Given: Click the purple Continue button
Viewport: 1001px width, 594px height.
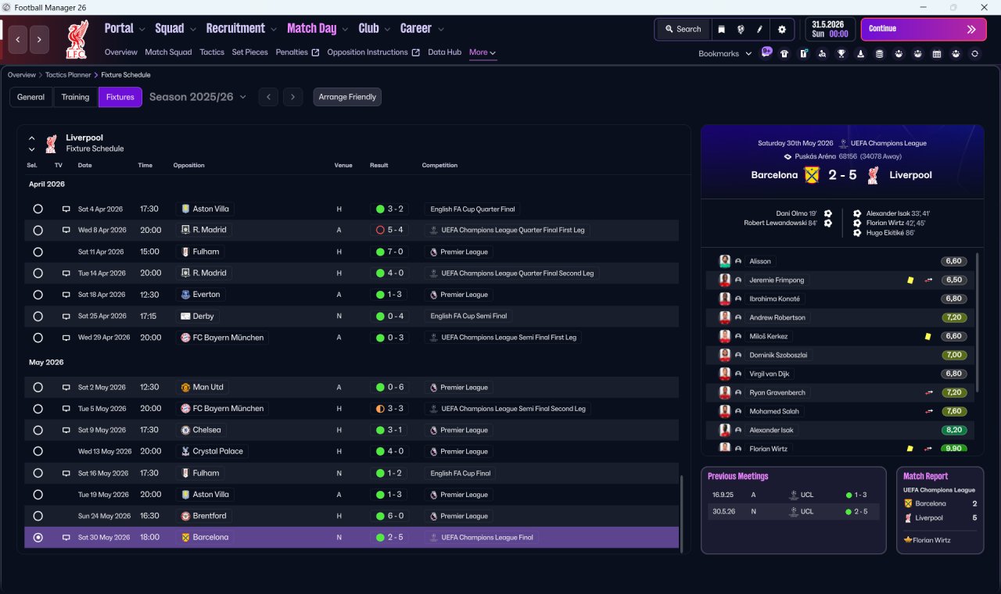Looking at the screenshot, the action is tap(924, 29).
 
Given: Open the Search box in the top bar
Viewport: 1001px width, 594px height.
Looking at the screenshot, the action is tap(683, 29).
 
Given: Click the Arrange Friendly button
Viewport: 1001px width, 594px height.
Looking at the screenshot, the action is tap(347, 97).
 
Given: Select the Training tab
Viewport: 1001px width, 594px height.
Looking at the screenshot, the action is tap(75, 97).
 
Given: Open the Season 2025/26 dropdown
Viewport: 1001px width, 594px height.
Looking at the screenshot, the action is tap(198, 97).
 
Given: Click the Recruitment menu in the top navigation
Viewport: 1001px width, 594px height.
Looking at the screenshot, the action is tap(235, 29).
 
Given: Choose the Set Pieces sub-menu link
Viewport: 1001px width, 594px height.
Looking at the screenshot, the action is tap(249, 52).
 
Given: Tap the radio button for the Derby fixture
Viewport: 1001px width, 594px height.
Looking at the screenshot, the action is tap(38, 317).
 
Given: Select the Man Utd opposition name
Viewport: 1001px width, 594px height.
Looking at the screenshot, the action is tap(208, 387).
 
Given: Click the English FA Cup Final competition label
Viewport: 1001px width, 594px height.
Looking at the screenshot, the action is tap(461, 474).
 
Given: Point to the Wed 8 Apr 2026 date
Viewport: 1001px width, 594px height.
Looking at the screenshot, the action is tap(102, 230).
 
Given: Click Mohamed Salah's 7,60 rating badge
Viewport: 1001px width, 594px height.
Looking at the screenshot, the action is tap(953, 411).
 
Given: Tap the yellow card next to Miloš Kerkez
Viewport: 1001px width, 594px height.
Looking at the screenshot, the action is tap(927, 336).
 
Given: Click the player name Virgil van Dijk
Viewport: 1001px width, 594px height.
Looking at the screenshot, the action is tap(769, 374).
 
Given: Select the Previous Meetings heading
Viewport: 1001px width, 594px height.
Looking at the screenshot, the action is tap(737, 476).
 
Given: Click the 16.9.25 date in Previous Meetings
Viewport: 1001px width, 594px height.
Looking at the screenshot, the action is tap(723, 495).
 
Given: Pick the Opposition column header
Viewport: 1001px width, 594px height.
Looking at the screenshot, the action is tap(188, 165).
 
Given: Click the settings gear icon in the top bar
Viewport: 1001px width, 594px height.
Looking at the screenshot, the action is tap(781, 30).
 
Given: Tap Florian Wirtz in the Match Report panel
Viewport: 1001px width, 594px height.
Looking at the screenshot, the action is tap(931, 540).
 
